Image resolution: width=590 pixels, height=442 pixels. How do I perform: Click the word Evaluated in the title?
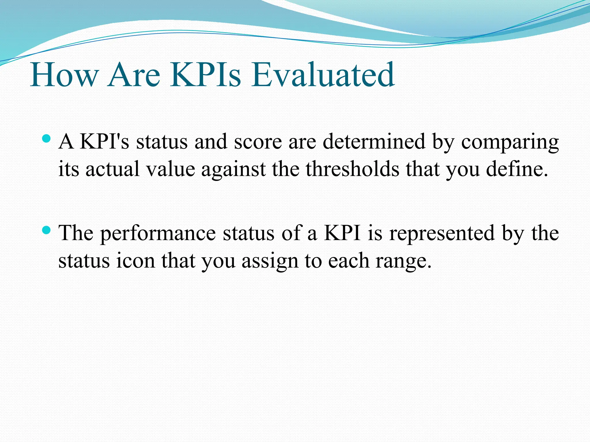coord(323,75)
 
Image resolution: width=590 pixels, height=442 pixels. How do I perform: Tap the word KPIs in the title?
coord(205,75)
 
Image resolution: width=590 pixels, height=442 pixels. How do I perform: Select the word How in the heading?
coord(64,75)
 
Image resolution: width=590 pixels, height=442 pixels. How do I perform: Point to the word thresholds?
coord(352,169)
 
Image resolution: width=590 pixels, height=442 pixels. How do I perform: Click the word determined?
coord(374,142)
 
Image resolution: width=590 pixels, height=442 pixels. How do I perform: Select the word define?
coord(517,169)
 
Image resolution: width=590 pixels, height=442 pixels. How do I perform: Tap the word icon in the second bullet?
coord(135,260)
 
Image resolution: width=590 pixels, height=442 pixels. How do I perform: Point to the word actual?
coord(112,169)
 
